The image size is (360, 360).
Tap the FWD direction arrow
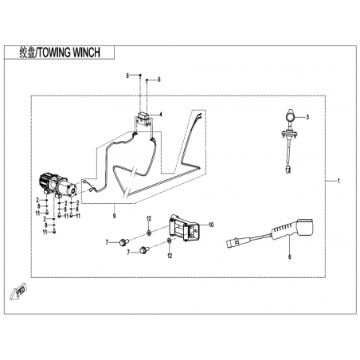coord(18,291)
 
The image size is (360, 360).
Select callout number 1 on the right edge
coord(338,181)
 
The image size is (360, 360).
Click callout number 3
coord(307,117)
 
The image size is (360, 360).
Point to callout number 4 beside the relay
coord(161,115)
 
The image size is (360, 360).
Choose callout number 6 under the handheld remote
coord(290,256)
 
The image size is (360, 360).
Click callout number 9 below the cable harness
coord(114,216)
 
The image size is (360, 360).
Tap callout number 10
coord(211,225)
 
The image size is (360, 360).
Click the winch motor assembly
coord(57,185)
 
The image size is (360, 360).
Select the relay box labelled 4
coord(143,118)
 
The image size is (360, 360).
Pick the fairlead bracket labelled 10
coord(184,228)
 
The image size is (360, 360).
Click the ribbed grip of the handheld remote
coord(281,233)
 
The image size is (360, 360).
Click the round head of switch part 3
coord(290,115)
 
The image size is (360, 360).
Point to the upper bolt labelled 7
coord(124,242)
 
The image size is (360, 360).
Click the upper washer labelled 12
coord(149,233)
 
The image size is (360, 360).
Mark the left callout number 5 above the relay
coord(127,76)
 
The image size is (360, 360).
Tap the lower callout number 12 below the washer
coord(170,256)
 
